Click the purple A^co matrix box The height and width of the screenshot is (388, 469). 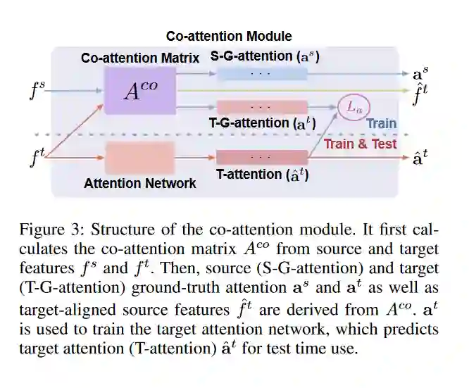139,91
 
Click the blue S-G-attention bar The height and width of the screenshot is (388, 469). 261,73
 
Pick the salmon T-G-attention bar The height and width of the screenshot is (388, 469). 261,107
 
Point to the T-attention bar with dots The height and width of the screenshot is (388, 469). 261,157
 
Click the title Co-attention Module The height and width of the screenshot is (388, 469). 229,36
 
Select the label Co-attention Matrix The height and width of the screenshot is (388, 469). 140,58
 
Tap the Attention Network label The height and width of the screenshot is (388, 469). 140,184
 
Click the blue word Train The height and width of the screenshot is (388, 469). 381,124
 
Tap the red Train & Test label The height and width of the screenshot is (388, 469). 361,144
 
